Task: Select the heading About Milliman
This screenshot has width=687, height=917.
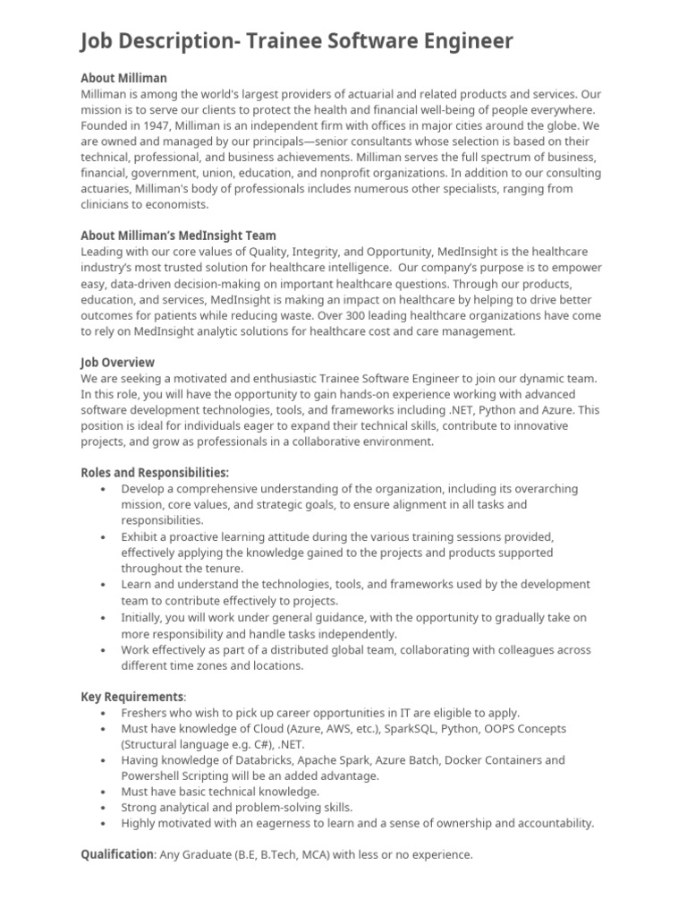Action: (x=123, y=78)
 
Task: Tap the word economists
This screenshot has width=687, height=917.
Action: (x=177, y=204)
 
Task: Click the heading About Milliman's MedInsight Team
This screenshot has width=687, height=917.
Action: (x=178, y=236)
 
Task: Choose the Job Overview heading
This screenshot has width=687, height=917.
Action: (x=117, y=362)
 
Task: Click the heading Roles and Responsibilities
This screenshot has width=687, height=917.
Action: (x=154, y=472)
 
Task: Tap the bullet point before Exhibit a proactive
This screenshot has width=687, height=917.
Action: (x=105, y=536)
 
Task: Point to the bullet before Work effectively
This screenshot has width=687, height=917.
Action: (x=105, y=650)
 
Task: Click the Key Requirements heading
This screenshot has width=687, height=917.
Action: (x=132, y=697)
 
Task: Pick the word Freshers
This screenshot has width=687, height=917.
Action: (x=148, y=713)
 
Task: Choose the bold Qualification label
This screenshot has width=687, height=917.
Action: (x=117, y=854)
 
